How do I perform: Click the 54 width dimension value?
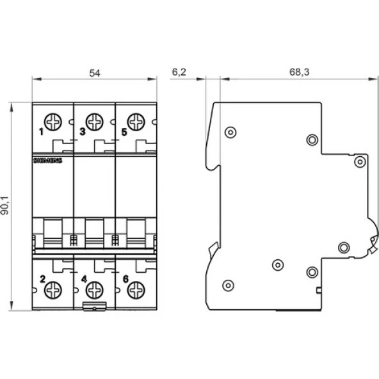(95, 73)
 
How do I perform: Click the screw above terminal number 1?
(53, 120)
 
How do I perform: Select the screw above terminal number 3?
(95, 120)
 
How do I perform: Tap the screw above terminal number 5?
(135, 120)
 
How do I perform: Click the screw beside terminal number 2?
(53, 290)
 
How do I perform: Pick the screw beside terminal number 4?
(95, 290)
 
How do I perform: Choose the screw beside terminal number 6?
(135, 290)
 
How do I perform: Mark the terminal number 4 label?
(83, 278)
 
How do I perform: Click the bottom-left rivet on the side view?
(228, 285)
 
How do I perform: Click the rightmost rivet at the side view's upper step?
(360, 161)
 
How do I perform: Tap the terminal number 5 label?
(124, 133)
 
